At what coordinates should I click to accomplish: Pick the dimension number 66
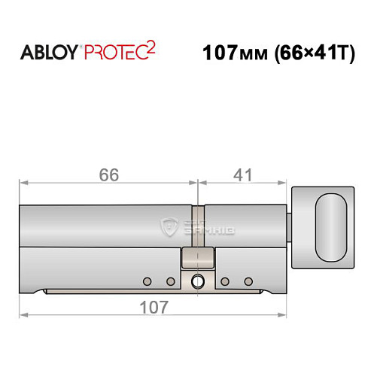click(109, 174)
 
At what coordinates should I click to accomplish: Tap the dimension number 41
click(242, 174)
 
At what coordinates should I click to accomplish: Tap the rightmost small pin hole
click(248, 281)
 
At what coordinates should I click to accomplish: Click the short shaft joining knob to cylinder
click(291, 225)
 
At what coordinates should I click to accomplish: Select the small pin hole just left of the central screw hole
click(172, 281)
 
